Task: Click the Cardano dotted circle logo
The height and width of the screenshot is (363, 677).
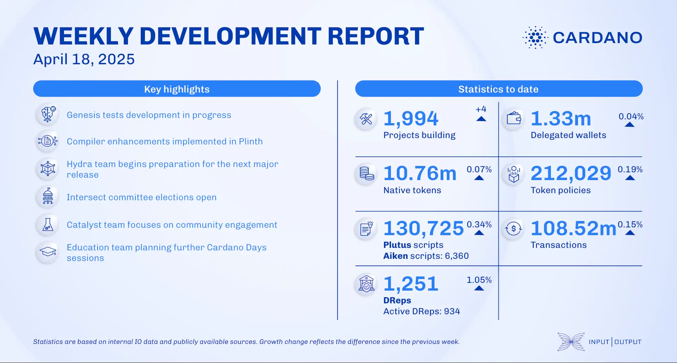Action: coord(535,37)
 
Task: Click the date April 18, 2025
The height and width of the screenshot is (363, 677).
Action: coord(84,59)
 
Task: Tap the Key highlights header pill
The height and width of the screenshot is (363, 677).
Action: coord(177,89)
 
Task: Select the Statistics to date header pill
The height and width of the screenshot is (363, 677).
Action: coord(498,89)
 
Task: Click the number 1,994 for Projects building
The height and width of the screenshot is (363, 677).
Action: coord(411,119)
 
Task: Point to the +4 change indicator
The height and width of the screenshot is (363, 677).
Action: coord(481,109)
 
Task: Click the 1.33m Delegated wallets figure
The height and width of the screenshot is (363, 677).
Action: coord(561,119)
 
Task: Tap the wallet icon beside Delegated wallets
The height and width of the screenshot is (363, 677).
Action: coord(514,119)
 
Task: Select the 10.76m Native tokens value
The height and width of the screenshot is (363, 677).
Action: coord(420,173)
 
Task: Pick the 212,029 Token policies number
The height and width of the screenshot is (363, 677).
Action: coord(571,173)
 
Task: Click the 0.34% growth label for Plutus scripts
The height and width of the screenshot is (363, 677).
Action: coord(479,225)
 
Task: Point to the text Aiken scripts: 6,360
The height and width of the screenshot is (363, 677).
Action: coord(426,256)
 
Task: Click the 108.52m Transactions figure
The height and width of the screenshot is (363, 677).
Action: coord(573,228)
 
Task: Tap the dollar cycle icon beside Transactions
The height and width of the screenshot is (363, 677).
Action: coord(513,228)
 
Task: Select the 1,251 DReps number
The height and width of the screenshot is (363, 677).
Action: coord(411,284)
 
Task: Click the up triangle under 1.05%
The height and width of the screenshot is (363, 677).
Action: coord(479,288)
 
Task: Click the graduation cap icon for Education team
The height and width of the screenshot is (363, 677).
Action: coord(48,252)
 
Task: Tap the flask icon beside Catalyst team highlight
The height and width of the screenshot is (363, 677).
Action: coord(48,225)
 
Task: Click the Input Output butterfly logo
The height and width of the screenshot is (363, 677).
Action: coord(571,342)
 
